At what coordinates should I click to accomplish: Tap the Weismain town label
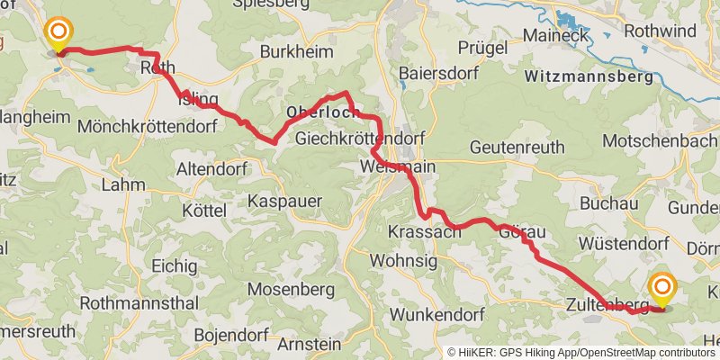pos(397,167)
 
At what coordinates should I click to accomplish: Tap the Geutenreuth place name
pos(517,147)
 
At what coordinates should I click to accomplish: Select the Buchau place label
pos(609,203)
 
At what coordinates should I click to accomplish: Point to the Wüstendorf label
pos(624,243)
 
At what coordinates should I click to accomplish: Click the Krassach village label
pos(424,231)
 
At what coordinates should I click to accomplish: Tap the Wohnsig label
pos(403,261)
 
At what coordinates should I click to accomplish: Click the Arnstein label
pos(310,344)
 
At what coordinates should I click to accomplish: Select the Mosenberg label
pos(290,289)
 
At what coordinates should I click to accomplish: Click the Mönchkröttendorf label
pos(148,127)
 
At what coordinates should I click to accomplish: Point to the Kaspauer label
pos(284,201)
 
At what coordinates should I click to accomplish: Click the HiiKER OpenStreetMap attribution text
pos(581,352)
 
